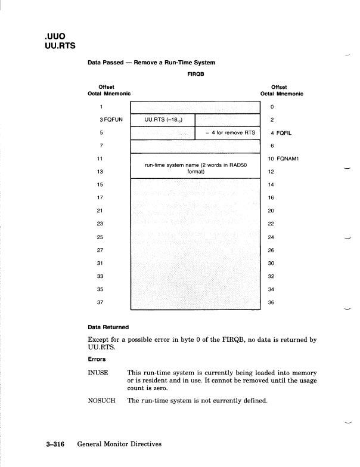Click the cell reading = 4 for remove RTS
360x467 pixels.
[228, 132]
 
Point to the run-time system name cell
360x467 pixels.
[195, 168]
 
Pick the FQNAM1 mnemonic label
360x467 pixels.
[283, 158]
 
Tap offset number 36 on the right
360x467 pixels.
[272, 302]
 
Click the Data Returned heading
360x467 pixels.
[110, 327]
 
